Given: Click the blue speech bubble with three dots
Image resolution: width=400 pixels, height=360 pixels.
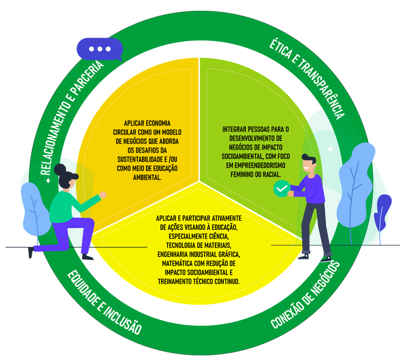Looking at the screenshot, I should (x=100, y=49).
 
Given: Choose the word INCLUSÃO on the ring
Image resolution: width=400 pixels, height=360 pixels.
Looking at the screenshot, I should (x=123, y=322).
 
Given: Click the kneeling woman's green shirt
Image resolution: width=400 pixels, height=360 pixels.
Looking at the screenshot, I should (x=67, y=206).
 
